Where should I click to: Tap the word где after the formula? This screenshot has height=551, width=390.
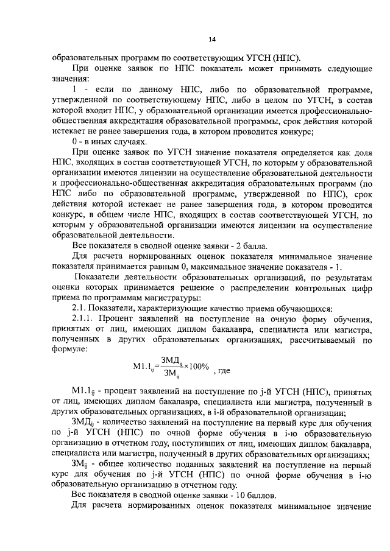tap(222, 370)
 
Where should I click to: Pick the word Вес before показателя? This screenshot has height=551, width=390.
tap(80, 494)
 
